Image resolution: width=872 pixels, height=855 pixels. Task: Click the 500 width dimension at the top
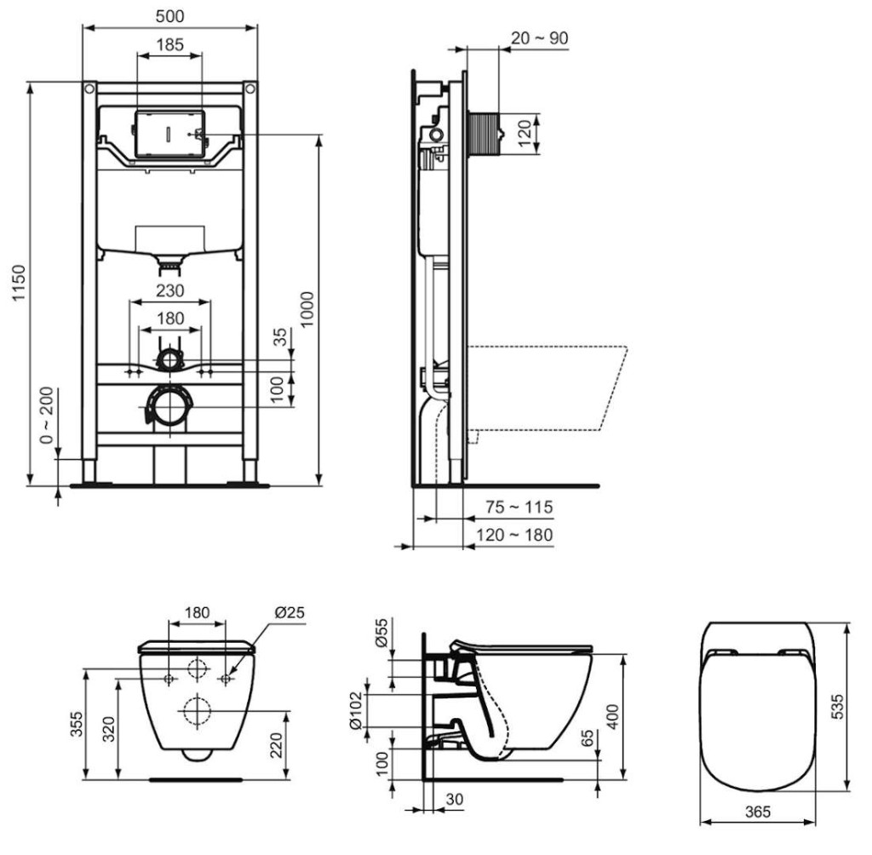click(x=169, y=16)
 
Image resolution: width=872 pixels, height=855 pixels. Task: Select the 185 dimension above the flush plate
click(x=169, y=44)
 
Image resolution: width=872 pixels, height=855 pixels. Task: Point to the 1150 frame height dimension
click(x=19, y=283)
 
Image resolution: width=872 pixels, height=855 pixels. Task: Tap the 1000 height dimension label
click(x=307, y=309)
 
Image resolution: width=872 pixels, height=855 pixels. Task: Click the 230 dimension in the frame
click(x=170, y=291)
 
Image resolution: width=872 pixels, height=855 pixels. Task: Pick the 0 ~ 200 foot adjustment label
click(x=48, y=415)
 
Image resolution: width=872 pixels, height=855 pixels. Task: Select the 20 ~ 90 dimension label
click(x=539, y=37)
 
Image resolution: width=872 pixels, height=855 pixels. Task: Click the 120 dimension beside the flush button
click(x=525, y=134)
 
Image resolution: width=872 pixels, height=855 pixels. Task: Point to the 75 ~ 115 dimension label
click(x=519, y=508)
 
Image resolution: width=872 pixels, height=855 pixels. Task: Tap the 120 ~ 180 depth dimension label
click(x=514, y=535)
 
